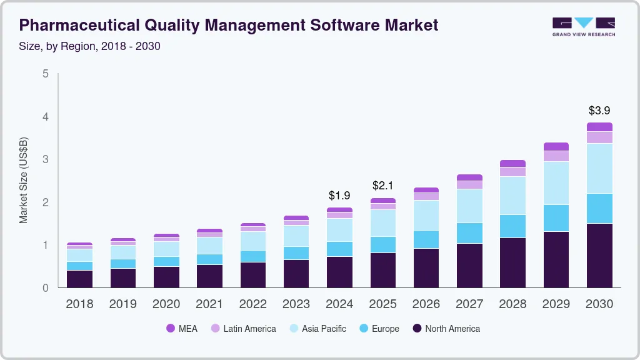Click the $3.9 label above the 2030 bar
click(599, 111)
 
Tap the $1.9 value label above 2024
click(340, 196)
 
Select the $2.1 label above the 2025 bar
click(383, 186)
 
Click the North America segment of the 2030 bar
click(599, 256)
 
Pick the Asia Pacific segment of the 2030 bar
click(599, 169)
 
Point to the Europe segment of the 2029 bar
click(556, 218)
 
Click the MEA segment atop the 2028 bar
click(512, 164)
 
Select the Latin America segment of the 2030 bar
click(599, 137)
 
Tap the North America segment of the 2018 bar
click(79, 279)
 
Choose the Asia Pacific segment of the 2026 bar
click(426, 216)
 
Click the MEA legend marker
click(171, 329)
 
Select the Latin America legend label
click(249, 329)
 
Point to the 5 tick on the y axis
click(45, 74)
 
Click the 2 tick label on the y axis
click(45, 202)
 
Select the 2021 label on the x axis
click(209, 304)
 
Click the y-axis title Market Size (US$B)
click(24, 181)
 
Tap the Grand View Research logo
click(583, 26)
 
